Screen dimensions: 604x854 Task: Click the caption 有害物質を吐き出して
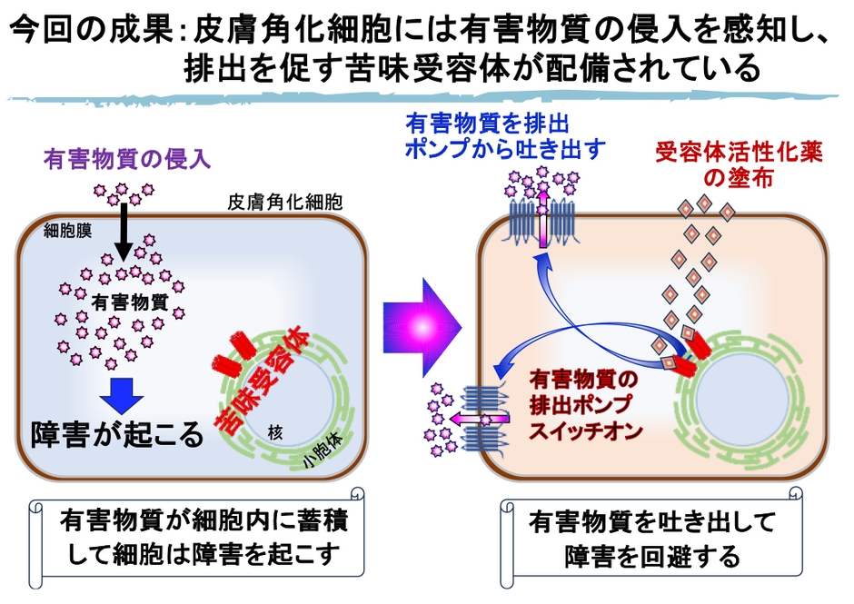point(650,523)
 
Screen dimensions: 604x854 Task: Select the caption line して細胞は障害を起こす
point(201,553)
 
